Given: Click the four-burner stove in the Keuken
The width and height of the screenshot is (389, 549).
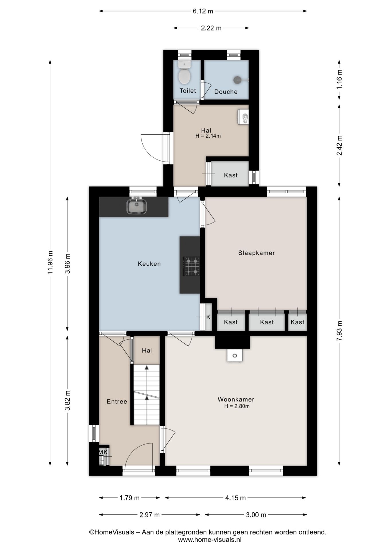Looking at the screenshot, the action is [x=191, y=266].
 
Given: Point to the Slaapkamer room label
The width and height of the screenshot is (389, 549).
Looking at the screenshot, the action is [x=256, y=253].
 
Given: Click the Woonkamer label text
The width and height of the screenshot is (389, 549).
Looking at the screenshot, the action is [x=236, y=399].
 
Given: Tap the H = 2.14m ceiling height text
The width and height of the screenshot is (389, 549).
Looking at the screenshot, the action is [x=208, y=136].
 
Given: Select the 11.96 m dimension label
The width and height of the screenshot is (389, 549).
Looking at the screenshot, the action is [x=50, y=262].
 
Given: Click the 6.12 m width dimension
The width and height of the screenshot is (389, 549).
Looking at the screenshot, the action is [x=203, y=11].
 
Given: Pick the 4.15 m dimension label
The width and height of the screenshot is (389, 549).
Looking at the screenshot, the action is [x=235, y=498].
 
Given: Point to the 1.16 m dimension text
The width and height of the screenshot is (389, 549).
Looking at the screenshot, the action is [x=339, y=79].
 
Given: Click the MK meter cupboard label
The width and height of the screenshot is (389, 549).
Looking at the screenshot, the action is [x=103, y=452].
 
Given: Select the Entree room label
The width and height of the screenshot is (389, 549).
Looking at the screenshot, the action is [x=117, y=401].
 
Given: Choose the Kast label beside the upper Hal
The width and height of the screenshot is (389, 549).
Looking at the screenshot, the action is [x=231, y=175].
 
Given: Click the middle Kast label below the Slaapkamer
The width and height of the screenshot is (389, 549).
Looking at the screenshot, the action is [x=267, y=322].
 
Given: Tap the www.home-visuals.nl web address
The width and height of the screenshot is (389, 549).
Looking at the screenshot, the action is [x=210, y=540].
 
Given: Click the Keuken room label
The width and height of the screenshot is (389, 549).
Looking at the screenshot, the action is [x=149, y=264].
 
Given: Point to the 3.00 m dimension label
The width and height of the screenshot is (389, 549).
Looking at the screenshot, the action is [x=256, y=515].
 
